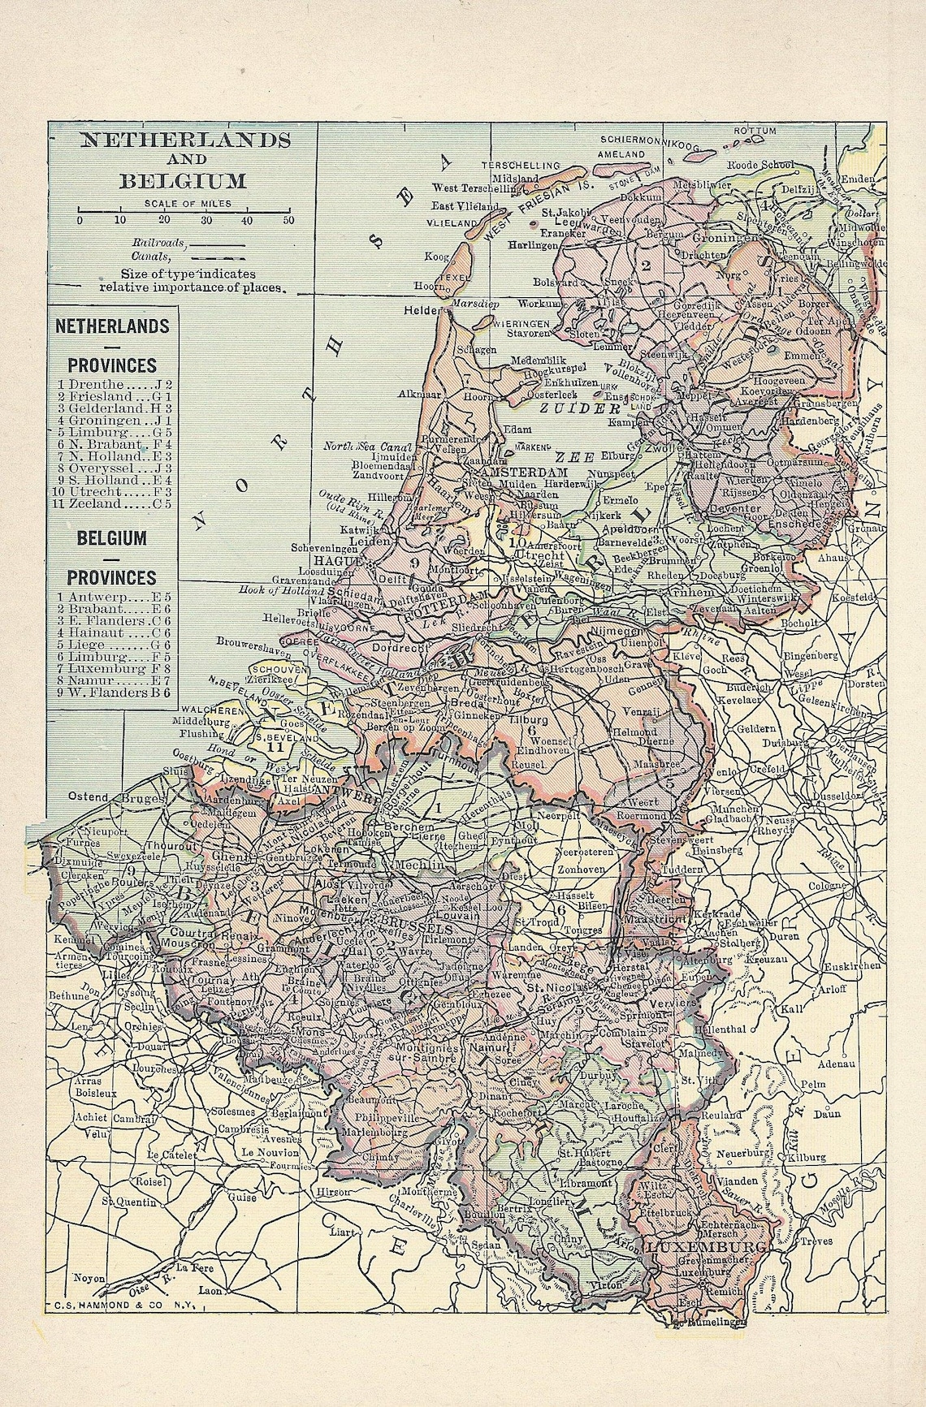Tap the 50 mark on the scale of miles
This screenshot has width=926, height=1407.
click(288, 220)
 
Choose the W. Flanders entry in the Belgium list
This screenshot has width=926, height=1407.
click(114, 693)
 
